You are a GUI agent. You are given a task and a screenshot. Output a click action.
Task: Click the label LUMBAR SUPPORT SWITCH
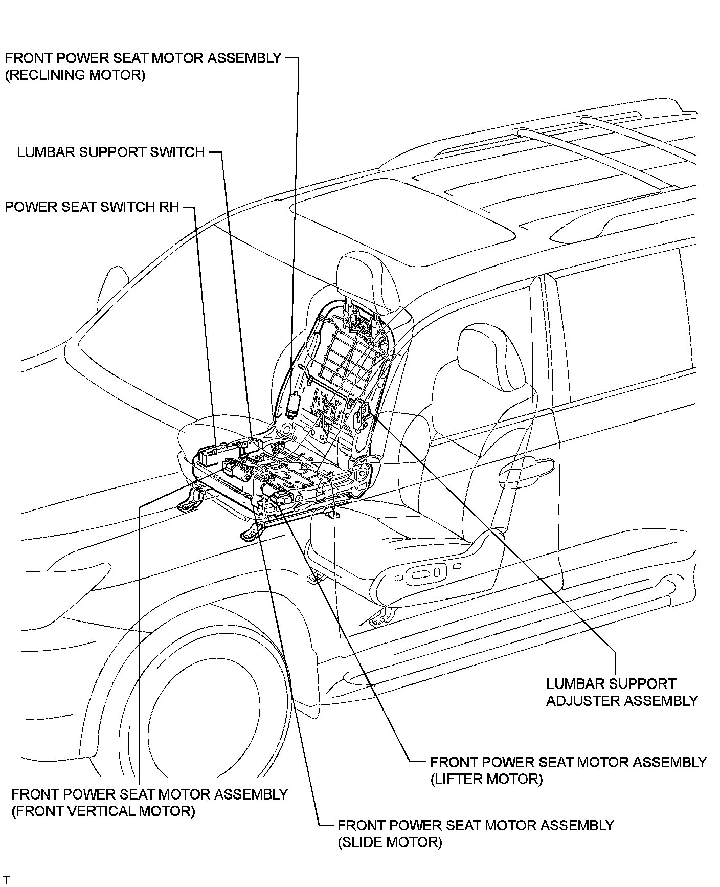(x=110, y=152)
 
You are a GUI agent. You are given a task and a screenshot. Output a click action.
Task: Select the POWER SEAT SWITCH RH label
(x=92, y=207)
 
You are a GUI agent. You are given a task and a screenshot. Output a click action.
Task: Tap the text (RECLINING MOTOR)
(x=75, y=75)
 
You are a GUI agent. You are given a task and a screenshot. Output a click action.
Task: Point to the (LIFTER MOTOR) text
(x=486, y=779)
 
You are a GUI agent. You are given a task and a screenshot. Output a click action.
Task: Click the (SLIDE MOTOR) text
(x=389, y=842)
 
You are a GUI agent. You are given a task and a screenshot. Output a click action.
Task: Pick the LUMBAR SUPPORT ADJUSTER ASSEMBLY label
(x=621, y=692)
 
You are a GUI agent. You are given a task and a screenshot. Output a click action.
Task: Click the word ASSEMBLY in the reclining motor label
(x=244, y=58)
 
